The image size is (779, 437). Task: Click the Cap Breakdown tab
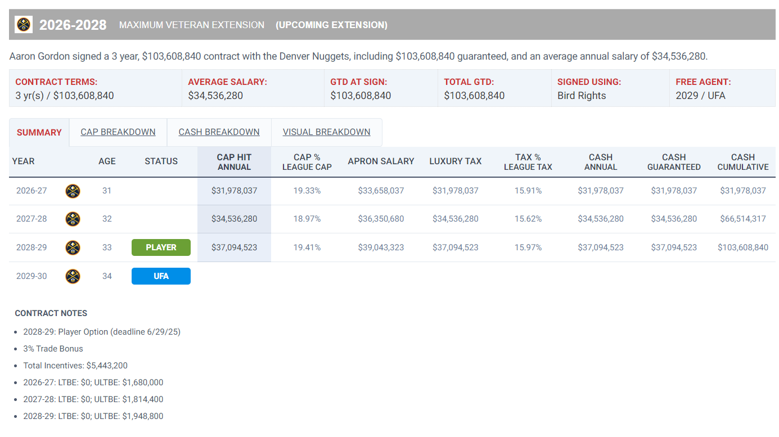coord(118,132)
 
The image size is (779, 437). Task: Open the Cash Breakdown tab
coord(219,132)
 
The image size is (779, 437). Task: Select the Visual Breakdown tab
coord(326,132)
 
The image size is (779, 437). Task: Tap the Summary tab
coord(39,133)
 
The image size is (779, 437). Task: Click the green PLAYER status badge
coord(161,247)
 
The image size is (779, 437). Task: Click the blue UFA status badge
coord(161,276)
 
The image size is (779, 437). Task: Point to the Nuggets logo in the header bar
coord(24,25)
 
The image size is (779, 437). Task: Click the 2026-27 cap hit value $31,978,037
coord(234,191)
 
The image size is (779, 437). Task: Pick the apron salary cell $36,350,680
coord(381,219)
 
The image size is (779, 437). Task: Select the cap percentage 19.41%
coord(307,247)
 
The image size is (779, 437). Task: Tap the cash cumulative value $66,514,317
coord(742,219)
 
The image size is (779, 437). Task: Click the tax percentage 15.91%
coord(528,191)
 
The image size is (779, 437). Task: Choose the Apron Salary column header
coord(381,161)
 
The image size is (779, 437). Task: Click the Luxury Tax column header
coord(455,161)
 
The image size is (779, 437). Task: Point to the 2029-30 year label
coord(31,276)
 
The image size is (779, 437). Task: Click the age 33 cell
coord(107,247)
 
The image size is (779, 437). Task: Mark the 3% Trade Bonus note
coord(53,349)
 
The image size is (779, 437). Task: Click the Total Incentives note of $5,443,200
coord(75,366)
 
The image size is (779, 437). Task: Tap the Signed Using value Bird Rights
coord(582,96)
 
